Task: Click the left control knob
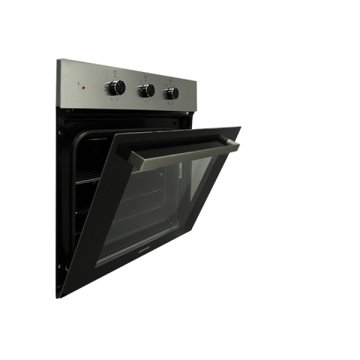point(118,88)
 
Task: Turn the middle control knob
point(146,90)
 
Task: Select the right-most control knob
point(172,92)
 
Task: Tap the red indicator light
point(83,88)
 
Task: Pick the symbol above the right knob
point(172,80)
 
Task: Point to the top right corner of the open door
point(240,127)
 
